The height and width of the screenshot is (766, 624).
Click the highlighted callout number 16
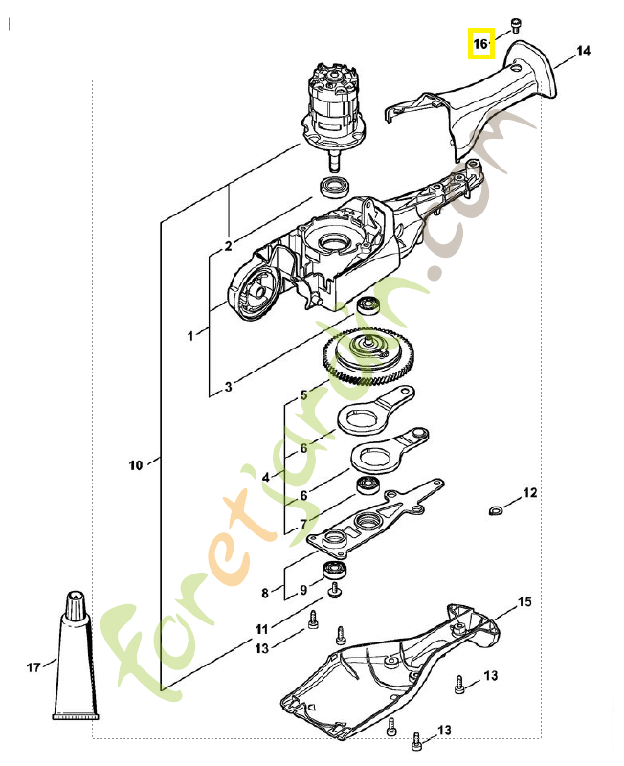click(479, 43)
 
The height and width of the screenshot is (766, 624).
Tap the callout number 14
click(584, 50)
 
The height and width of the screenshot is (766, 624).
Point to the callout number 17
click(33, 666)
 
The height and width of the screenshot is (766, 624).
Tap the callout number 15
click(524, 601)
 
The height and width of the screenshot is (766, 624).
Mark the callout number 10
click(135, 465)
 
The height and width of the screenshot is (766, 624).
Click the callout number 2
click(228, 246)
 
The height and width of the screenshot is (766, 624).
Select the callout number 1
click(190, 336)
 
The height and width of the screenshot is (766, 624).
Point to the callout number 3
click(228, 388)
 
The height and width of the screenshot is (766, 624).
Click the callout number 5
click(304, 394)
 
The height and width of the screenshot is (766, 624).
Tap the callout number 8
click(265, 593)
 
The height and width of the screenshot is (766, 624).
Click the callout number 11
click(261, 629)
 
